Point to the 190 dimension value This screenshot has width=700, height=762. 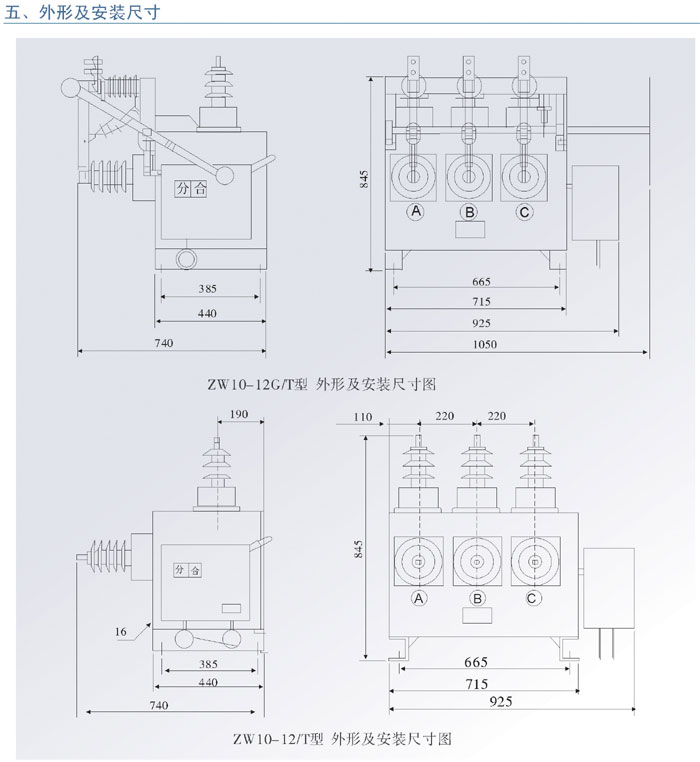[x=239, y=414]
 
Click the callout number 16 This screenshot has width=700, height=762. [x=121, y=630]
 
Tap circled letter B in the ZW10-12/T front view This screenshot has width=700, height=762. [x=477, y=598]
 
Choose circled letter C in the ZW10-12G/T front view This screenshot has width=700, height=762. [x=524, y=212]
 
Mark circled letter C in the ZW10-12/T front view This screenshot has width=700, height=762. [x=533, y=598]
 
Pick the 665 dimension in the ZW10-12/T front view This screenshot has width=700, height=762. [x=475, y=663]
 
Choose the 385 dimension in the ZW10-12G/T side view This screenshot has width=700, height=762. [x=207, y=290]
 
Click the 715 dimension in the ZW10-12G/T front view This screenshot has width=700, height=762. [x=481, y=302]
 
